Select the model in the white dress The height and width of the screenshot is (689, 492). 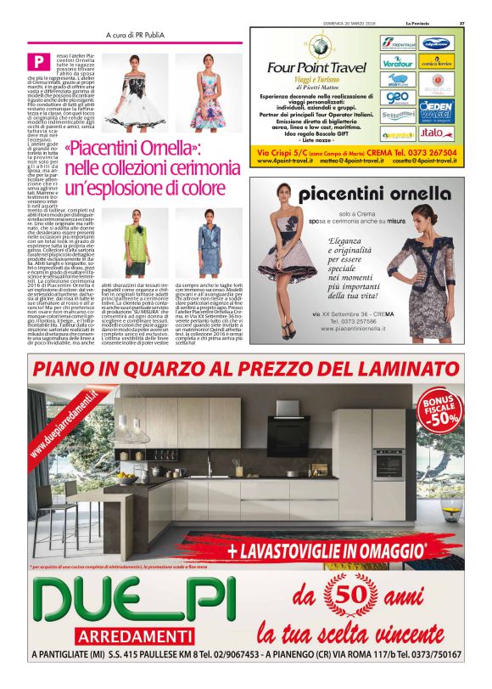(x=138, y=93)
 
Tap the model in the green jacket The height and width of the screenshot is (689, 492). (x=138, y=246)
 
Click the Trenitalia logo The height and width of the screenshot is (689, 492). (x=398, y=43)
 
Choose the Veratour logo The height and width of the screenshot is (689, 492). (x=397, y=63)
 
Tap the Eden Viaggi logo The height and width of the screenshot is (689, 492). (x=436, y=110)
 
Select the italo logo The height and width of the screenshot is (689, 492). (x=435, y=133)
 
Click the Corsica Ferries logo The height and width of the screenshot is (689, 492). (x=436, y=63)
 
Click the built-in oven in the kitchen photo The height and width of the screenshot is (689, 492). (x=389, y=463)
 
